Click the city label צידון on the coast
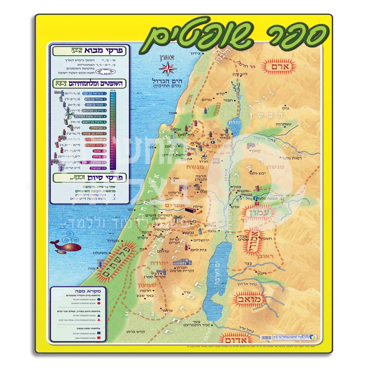click(197, 54)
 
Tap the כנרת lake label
click(235, 122)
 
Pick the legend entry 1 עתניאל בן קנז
click(95, 93)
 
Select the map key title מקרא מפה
click(88, 291)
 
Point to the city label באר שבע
click(146, 295)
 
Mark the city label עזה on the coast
click(92, 268)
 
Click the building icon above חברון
click(182, 262)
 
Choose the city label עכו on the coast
click(172, 113)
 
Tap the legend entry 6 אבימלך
click(99, 128)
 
